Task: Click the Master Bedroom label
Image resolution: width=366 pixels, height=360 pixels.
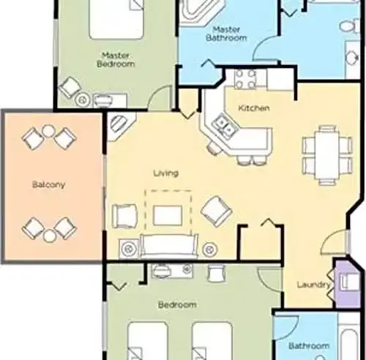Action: click(x=116, y=60)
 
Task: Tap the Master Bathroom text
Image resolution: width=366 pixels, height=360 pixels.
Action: click(x=226, y=34)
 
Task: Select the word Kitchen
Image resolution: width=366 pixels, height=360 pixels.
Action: click(x=254, y=108)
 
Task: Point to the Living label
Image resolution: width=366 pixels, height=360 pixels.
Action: click(x=166, y=173)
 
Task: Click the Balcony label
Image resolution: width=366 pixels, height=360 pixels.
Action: click(x=49, y=184)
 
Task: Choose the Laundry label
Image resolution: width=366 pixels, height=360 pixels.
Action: click(x=314, y=285)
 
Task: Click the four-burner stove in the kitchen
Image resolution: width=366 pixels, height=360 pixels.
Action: click(x=245, y=79)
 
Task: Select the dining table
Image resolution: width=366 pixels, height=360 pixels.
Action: click(x=327, y=155)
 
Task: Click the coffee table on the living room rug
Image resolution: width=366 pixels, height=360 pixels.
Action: click(x=168, y=216)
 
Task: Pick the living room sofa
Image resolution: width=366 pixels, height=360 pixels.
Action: click(x=169, y=247)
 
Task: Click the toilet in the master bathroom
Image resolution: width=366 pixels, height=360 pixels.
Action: click(x=350, y=26)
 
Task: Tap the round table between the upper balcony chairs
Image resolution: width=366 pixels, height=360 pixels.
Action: click(x=49, y=131)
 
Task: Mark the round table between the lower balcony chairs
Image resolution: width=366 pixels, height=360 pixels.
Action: click(x=50, y=236)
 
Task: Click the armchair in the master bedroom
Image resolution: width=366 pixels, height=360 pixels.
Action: click(x=70, y=87)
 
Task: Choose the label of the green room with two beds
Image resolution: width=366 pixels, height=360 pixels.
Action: click(x=177, y=304)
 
